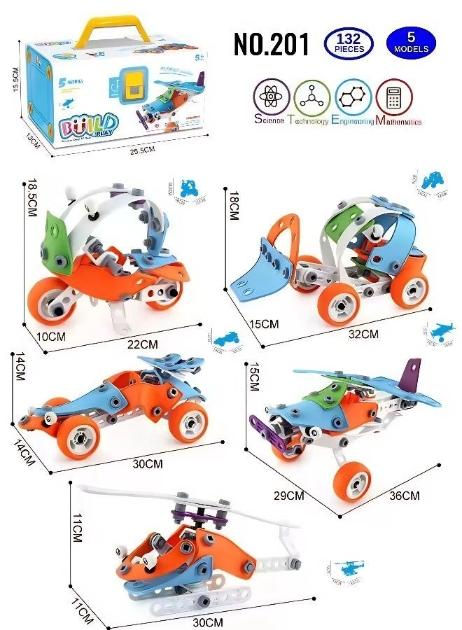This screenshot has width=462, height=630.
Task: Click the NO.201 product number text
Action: click(271, 44)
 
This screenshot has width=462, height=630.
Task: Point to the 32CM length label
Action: click(364, 334)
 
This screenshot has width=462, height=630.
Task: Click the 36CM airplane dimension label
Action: click(404, 496)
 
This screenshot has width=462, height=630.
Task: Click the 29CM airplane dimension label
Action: click(289, 496)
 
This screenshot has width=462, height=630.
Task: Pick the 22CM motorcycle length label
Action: click(143, 344)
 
